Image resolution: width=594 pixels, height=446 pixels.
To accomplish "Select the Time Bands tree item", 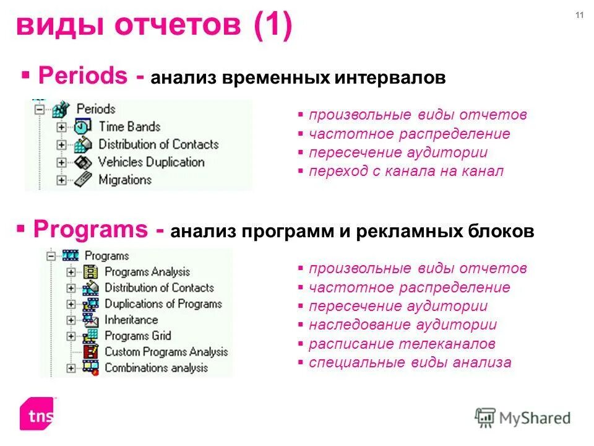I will (x=129, y=127).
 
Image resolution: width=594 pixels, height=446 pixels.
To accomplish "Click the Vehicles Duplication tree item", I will (x=151, y=162).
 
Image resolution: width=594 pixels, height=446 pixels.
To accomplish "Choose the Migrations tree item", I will (x=124, y=180).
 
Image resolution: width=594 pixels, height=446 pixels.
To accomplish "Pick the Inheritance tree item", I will (x=131, y=320).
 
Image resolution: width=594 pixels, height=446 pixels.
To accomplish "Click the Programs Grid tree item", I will (x=137, y=336).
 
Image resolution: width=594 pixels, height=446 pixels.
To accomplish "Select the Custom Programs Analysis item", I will (x=166, y=352).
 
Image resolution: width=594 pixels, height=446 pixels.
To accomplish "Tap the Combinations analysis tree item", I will (x=156, y=368).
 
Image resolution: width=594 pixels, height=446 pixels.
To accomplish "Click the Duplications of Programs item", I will (x=163, y=304).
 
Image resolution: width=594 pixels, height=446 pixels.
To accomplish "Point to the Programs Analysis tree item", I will (x=147, y=272).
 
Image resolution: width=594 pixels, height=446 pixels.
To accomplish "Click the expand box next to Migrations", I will (x=61, y=180).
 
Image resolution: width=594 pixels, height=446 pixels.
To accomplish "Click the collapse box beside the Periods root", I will (x=40, y=110).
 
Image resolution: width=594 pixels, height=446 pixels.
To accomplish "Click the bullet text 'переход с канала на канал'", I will (x=406, y=172).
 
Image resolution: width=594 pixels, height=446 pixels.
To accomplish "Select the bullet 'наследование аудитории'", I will (x=402, y=325).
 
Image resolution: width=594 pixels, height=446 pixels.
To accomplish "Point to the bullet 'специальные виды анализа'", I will (x=410, y=363).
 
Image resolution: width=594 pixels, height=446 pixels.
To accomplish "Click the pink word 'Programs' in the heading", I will (x=94, y=229).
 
